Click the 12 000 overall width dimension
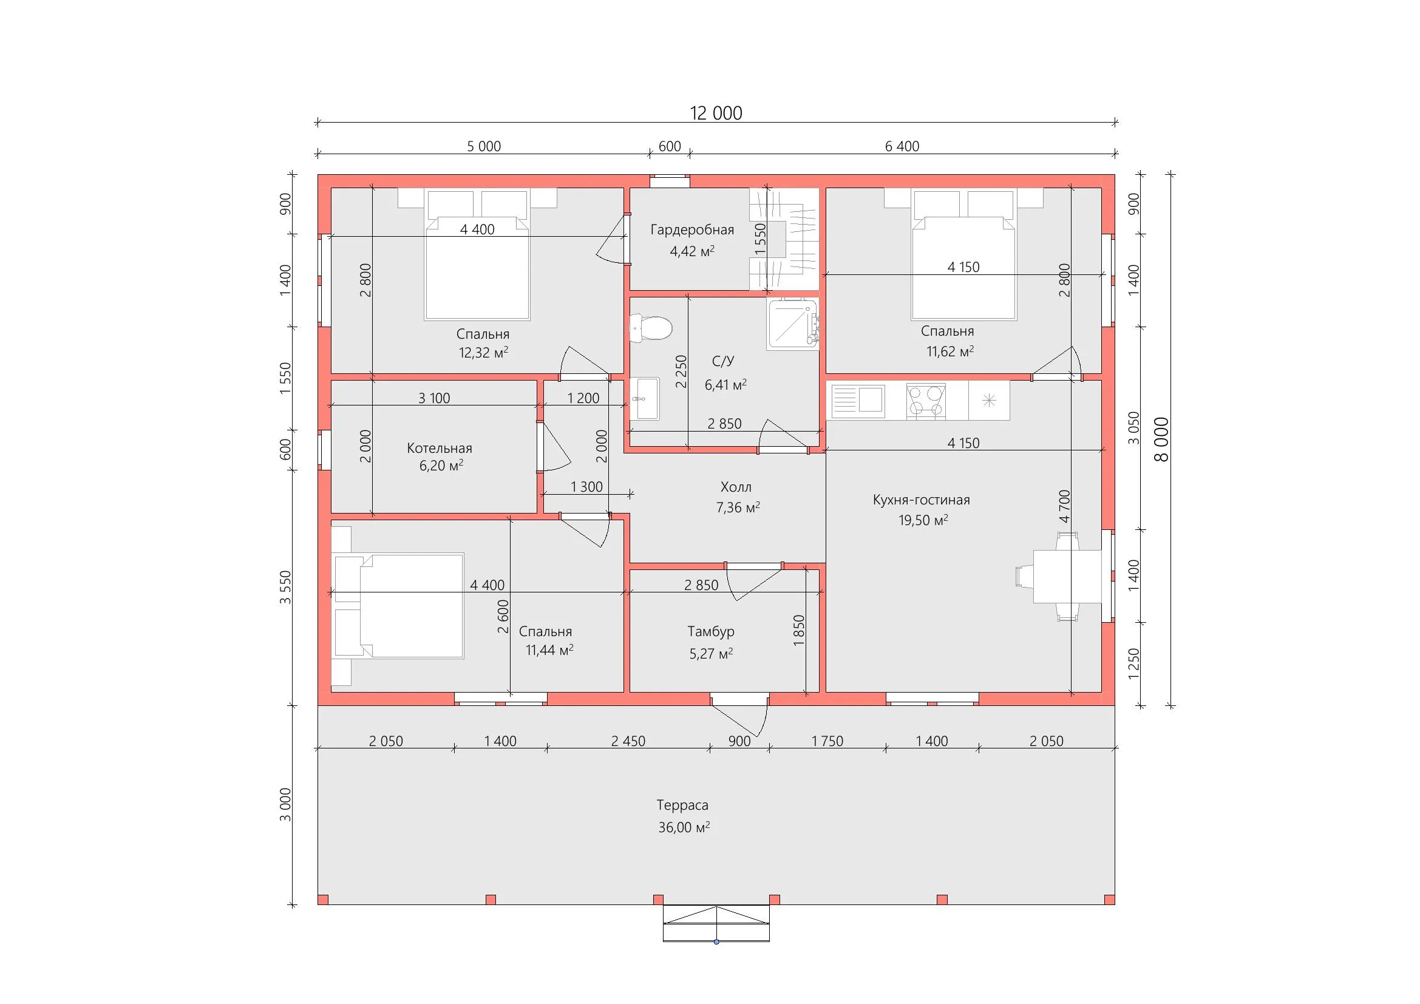tap(716, 113)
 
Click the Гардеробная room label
tap(692, 230)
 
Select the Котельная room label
tap(440, 448)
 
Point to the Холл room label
tap(736, 487)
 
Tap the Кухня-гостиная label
tap(922, 500)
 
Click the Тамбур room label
tap(712, 632)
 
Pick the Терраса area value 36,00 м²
tap(684, 827)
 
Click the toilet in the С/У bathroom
tap(651, 328)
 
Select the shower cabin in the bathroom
tap(793, 324)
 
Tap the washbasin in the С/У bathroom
tap(645, 399)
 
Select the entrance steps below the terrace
tap(716, 924)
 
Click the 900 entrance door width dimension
tap(739, 741)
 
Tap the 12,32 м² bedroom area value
tap(483, 353)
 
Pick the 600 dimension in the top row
tap(670, 146)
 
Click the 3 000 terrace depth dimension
tap(285, 804)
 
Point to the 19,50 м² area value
tap(923, 521)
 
